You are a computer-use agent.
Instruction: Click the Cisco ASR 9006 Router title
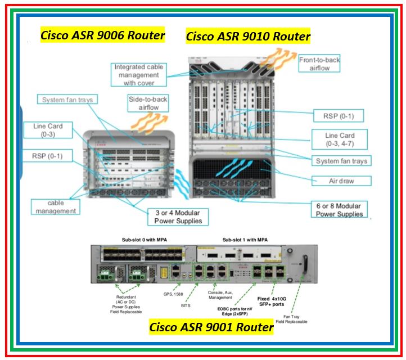[102, 35]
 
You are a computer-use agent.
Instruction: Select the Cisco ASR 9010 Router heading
[248, 37]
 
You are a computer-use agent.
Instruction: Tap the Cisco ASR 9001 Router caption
[211, 327]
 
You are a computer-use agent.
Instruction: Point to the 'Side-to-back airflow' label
[148, 103]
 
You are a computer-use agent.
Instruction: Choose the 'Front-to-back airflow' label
[319, 64]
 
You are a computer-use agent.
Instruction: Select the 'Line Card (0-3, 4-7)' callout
[340, 139]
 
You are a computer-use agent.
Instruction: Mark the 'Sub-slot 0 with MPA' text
[144, 240]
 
